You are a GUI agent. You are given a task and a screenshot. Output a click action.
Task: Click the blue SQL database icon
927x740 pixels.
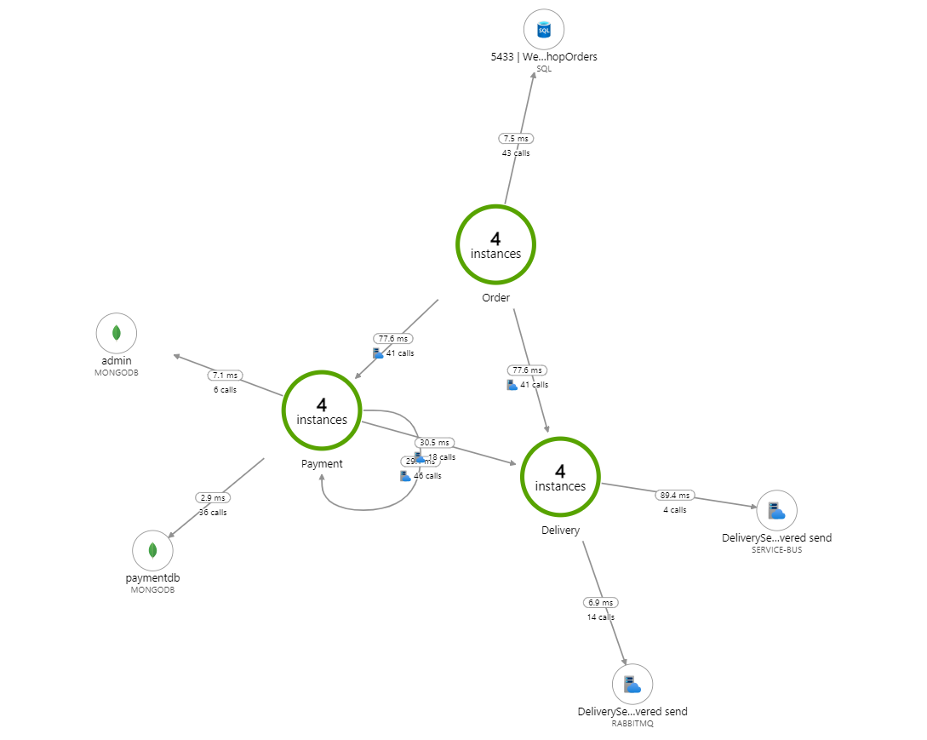tap(544, 32)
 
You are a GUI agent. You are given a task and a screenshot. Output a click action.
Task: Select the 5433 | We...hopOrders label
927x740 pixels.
tap(544, 57)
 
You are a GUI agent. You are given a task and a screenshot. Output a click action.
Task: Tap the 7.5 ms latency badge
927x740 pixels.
tap(516, 138)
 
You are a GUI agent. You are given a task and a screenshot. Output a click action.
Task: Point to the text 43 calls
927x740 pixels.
tap(516, 152)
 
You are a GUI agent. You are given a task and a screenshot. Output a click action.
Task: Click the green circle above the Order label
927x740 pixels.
tap(495, 245)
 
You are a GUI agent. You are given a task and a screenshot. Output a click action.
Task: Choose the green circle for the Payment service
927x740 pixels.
tap(322, 411)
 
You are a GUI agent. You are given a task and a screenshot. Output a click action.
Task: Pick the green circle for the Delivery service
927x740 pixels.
tap(560, 478)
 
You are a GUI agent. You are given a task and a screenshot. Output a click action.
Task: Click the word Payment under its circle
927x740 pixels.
tap(322, 464)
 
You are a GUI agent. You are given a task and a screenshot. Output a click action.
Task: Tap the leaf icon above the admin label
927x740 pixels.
tap(117, 333)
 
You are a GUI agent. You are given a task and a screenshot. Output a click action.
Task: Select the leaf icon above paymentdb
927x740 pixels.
tap(152, 550)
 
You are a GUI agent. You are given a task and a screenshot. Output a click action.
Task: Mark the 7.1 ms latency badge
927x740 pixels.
tap(226, 376)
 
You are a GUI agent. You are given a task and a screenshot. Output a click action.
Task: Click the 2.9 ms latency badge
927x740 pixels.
tap(213, 497)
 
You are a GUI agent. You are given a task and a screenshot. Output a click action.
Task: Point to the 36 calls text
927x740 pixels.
tap(213, 512)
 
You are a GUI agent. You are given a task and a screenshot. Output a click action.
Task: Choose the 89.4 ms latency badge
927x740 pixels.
tap(676, 495)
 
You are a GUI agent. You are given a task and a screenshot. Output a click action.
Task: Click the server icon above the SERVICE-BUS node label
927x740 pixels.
tap(776, 510)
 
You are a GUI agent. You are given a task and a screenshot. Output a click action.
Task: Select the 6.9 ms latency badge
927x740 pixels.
tap(601, 602)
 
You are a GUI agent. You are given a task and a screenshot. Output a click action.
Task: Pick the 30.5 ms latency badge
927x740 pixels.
tap(434, 443)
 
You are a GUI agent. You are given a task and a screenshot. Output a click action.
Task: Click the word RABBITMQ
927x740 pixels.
tap(632, 724)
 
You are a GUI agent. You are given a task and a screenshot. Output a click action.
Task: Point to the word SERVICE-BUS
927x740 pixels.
tap(776, 550)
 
